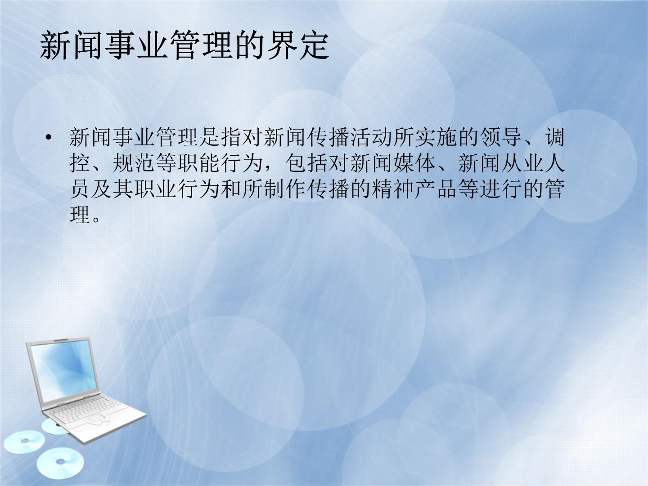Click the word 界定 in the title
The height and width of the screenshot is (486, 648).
[x=297, y=46]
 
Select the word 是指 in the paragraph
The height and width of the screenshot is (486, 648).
[x=220, y=137]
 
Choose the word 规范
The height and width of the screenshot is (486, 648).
[x=134, y=163]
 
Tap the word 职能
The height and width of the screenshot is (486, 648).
[x=199, y=163]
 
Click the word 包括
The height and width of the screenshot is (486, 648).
[x=307, y=163]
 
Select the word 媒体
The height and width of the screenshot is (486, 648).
[x=414, y=163]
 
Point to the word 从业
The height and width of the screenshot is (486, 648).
[x=522, y=163]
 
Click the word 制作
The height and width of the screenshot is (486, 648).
[x=284, y=189]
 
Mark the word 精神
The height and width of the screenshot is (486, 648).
[x=393, y=189]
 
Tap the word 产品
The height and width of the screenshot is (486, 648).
[x=436, y=189]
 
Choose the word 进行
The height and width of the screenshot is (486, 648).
[x=500, y=189]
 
